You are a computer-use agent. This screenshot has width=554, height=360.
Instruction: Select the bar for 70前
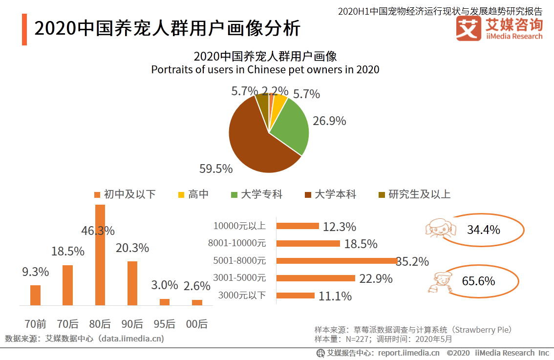coord(35,295)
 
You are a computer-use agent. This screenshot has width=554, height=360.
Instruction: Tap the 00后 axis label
coord(197,324)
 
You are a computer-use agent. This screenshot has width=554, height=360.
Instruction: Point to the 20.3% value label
coord(132,248)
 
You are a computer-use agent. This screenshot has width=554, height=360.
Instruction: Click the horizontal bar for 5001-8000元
coord(337,261)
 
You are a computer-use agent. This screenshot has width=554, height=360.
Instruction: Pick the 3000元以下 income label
coord(242,295)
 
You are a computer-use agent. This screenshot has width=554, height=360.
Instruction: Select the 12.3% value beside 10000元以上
coord(340,227)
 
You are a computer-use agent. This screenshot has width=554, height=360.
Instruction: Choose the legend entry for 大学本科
coord(330,194)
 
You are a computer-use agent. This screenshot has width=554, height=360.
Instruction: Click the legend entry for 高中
coord(193,194)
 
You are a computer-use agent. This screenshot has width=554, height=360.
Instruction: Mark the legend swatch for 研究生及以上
coord(382,195)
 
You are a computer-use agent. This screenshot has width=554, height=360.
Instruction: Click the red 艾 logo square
coord(468,29)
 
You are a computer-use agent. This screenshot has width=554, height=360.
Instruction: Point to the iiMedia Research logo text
coord(514,36)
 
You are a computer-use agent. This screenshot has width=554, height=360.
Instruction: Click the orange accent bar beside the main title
coord(24,30)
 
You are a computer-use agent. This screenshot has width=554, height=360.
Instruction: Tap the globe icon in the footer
coord(320,353)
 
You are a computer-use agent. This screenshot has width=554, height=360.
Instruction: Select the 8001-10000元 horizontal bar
coord(308,243)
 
